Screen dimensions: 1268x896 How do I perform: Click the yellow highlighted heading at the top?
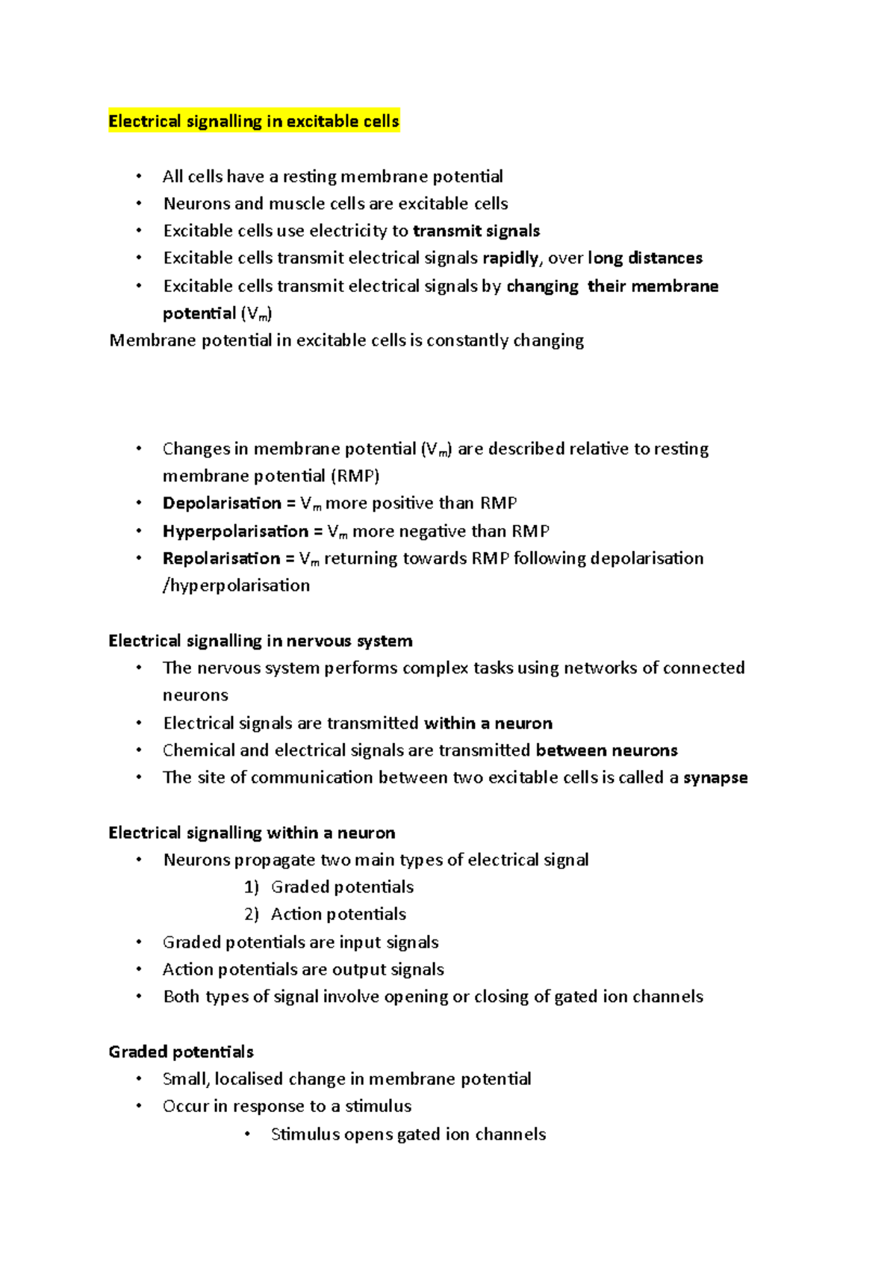pyautogui.click(x=254, y=121)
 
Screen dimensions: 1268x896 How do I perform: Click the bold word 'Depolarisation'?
pyautogui.click(x=222, y=503)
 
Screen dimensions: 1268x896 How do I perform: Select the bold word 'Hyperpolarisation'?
pyautogui.click(x=235, y=531)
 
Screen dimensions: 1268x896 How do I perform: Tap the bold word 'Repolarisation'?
pyautogui.click(x=221, y=559)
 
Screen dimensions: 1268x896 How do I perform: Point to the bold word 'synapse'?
pyautogui.click(x=715, y=777)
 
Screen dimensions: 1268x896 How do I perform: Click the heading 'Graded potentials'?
pyautogui.click(x=181, y=1051)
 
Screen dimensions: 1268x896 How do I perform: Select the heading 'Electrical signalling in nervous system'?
pyautogui.click(x=260, y=641)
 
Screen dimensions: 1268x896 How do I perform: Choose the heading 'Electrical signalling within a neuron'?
pyautogui.click(x=252, y=833)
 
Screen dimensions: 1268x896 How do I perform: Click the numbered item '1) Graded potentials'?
pyautogui.click(x=329, y=887)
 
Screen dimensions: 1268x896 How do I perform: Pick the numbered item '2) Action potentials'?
pyautogui.click(x=325, y=914)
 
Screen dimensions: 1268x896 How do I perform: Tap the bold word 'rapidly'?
pyautogui.click(x=511, y=258)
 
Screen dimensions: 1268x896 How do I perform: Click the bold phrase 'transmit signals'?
pyautogui.click(x=476, y=231)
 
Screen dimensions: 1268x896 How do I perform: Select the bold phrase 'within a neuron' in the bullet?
pyautogui.click(x=488, y=723)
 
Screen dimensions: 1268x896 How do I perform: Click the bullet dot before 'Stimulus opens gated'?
pyautogui.click(x=247, y=1134)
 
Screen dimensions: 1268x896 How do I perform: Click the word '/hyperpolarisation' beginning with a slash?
pyautogui.click(x=236, y=585)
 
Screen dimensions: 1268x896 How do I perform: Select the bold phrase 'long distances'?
pyautogui.click(x=645, y=258)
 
